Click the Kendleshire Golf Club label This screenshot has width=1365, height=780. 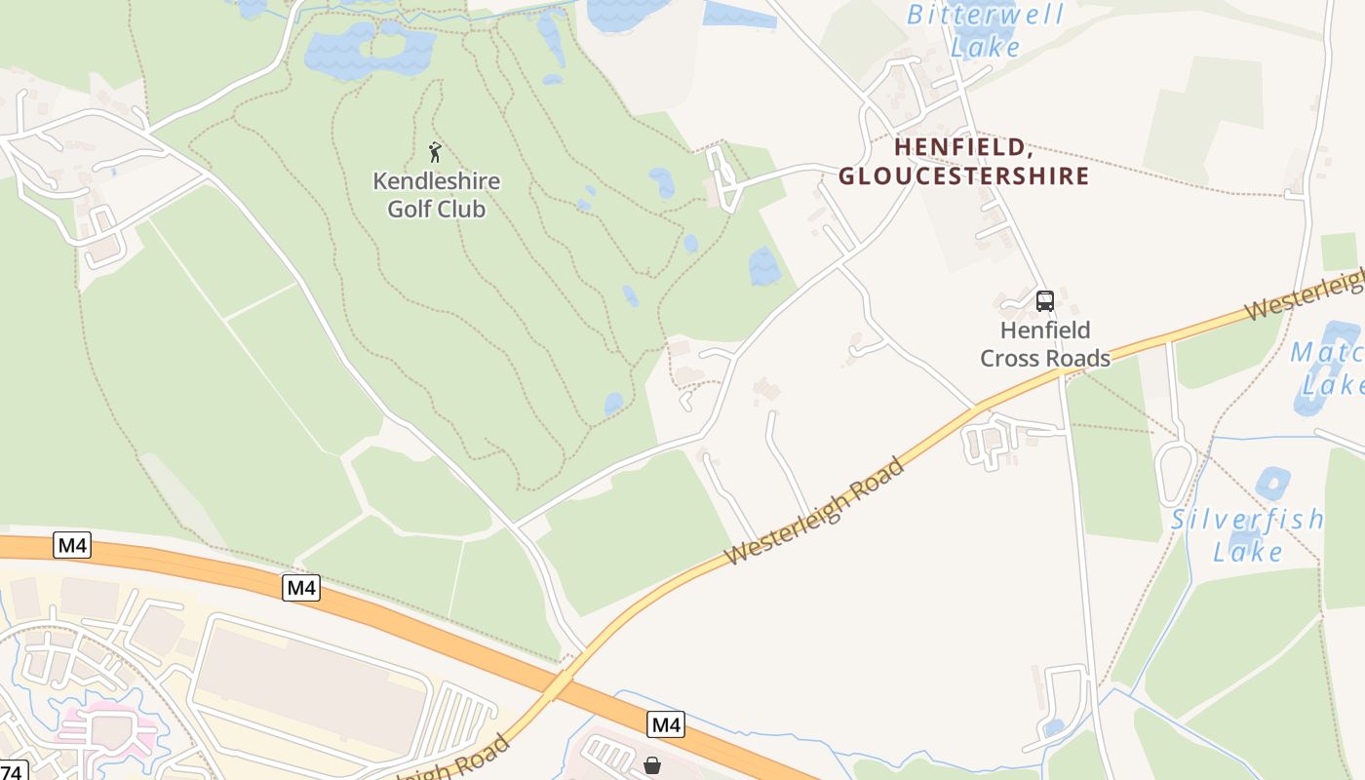[x=436, y=195]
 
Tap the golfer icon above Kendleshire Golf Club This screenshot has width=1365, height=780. [x=435, y=152]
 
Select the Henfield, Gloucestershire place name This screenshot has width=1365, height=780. [x=963, y=162]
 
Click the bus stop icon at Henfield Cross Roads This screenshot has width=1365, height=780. [x=1044, y=300]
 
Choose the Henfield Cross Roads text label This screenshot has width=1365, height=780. [x=1045, y=344]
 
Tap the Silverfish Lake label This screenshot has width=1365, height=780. [x=1247, y=534]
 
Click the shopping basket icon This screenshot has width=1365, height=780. [x=652, y=765]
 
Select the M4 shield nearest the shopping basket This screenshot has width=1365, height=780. [x=666, y=724]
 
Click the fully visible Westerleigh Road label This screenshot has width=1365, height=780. [x=815, y=510]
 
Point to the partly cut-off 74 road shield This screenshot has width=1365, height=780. [x=13, y=770]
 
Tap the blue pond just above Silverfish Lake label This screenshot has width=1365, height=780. [x=1272, y=483]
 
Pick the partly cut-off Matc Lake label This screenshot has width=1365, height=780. [x=1329, y=369]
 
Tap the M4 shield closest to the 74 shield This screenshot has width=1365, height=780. [x=72, y=545]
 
